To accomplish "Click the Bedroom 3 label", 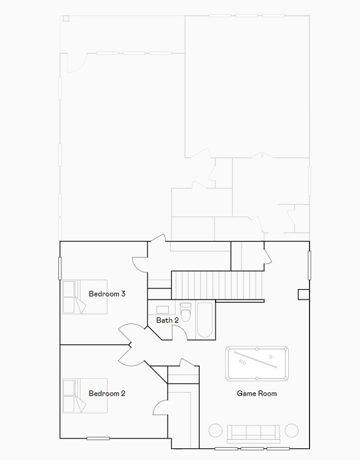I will click(107, 294).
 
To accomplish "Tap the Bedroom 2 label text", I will click(107, 394).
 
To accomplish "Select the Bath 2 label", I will click(167, 320).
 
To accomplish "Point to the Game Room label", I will click(257, 394).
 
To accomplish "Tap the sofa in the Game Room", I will click(253, 433).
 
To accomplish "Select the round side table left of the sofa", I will click(216, 430).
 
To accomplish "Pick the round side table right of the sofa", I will click(292, 430).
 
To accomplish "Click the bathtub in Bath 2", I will click(205, 320).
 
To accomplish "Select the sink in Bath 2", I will click(163, 310).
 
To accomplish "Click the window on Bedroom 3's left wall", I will click(60, 268).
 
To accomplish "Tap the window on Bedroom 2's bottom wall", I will click(98, 438).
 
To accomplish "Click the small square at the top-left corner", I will click(66, 18).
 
